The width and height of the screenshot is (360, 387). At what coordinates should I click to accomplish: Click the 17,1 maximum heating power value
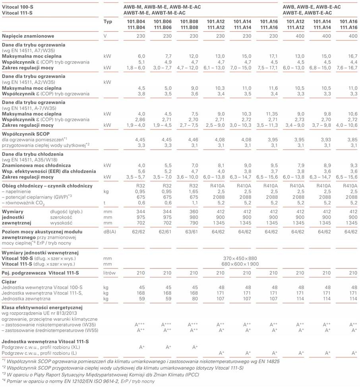[x=273, y=56]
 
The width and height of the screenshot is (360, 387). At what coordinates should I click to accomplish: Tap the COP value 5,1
[x=141, y=62]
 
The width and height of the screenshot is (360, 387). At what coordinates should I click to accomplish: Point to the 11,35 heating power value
[x=272, y=114]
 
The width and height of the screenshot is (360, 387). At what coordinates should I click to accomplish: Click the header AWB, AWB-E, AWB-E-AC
[x=312, y=7]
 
